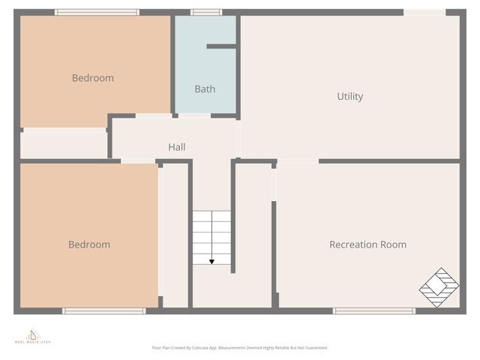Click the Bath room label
tap(205, 88)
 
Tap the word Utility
tap(349, 96)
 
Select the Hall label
tap(177, 147)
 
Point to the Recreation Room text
tap(367, 244)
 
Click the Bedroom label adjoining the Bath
tap(92, 78)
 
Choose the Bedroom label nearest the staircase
tap(88, 244)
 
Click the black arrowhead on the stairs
tap(211, 261)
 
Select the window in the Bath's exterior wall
tap(205, 12)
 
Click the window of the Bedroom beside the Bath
tap(97, 12)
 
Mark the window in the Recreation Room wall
tap(373, 310)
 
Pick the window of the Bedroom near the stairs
tap(103, 310)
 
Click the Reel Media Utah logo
tap(33, 335)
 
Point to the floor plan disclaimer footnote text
tap(239, 348)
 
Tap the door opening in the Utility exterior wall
tap(424, 12)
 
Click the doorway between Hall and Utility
tap(238, 139)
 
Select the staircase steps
tap(211, 237)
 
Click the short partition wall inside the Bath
tap(221, 46)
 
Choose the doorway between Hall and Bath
tap(194, 115)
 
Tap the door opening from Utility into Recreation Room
tap(298, 160)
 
